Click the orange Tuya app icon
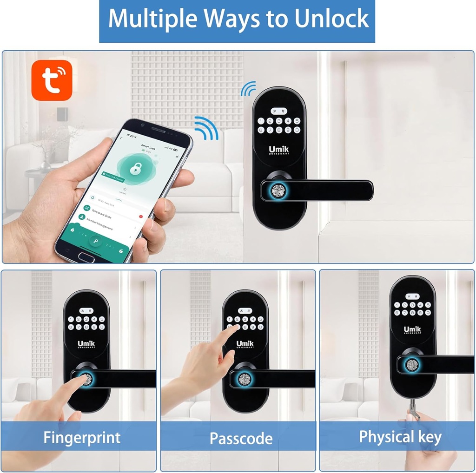pos(52,80)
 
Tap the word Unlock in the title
pos(332,20)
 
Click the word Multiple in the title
pos(150,20)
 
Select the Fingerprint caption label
pos(82,437)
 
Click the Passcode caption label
pos(241,438)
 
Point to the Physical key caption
pos(400,437)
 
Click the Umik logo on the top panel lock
pos(279,150)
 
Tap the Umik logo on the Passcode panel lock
pos(245,344)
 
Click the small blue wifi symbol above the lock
pos(249,88)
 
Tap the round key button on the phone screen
pos(97,241)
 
